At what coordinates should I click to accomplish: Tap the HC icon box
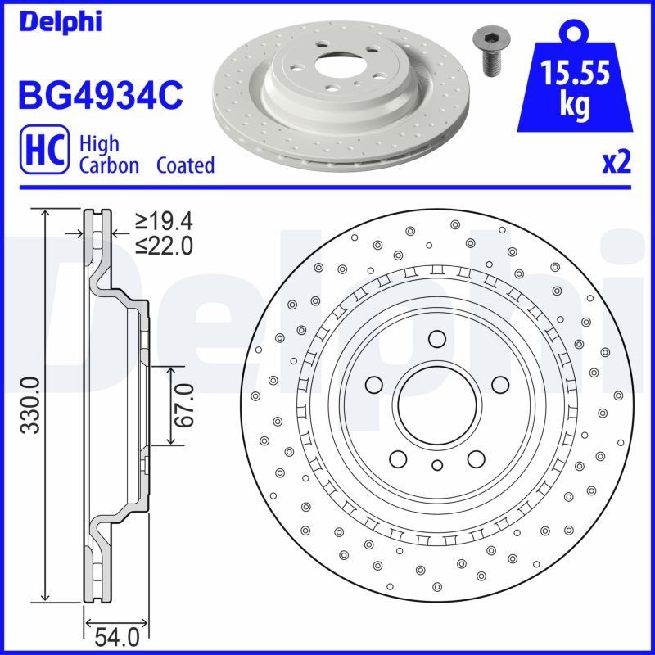(42, 154)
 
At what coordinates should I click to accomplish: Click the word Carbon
(109, 165)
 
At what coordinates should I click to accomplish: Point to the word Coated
(186, 165)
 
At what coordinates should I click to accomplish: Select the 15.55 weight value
(575, 75)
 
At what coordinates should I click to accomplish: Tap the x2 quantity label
(617, 163)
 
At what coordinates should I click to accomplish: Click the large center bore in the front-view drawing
(436, 404)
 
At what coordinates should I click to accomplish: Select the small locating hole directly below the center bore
(436, 466)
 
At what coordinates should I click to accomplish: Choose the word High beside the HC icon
(98, 144)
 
